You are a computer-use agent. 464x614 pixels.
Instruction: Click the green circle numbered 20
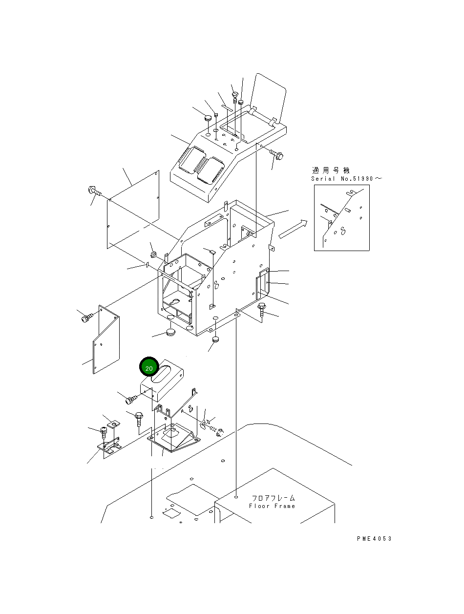click(149, 368)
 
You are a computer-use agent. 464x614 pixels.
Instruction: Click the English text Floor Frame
click(272, 506)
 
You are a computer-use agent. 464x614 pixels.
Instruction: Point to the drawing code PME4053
click(374, 539)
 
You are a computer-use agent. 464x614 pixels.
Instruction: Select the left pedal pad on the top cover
click(188, 159)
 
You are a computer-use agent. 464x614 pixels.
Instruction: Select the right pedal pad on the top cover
click(210, 169)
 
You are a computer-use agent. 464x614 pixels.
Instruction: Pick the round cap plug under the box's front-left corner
click(170, 332)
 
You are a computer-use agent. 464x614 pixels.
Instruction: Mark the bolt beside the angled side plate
click(86, 318)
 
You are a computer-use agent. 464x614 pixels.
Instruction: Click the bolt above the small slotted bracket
click(104, 431)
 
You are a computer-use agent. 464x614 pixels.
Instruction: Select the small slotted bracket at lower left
click(110, 447)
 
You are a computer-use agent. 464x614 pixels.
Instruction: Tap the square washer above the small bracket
click(113, 423)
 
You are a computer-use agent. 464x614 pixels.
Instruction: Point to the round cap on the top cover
click(207, 117)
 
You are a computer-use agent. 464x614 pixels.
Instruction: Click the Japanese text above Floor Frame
click(273, 498)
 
